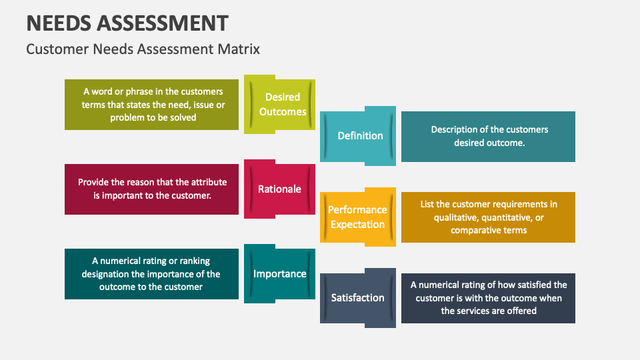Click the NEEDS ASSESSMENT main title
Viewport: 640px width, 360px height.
point(127,23)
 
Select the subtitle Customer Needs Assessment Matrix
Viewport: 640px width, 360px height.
point(143,49)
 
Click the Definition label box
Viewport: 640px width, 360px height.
point(360,135)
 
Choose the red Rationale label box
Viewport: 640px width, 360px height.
point(279,189)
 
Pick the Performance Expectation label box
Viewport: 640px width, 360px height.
point(357,217)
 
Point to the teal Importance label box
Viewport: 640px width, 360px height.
point(279,273)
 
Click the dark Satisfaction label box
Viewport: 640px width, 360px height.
point(357,297)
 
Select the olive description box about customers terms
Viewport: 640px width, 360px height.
point(151,104)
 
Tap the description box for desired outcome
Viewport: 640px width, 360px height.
point(488,136)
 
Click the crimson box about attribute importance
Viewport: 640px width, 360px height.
point(151,189)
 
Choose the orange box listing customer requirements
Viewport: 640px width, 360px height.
point(488,217)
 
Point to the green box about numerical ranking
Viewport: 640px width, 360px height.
point(151,273)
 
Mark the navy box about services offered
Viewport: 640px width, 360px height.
point(488,297)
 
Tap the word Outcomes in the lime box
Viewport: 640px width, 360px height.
point(283,112)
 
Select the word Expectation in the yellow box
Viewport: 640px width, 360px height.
point(357,225)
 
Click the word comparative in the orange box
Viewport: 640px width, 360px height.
point(474,230)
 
